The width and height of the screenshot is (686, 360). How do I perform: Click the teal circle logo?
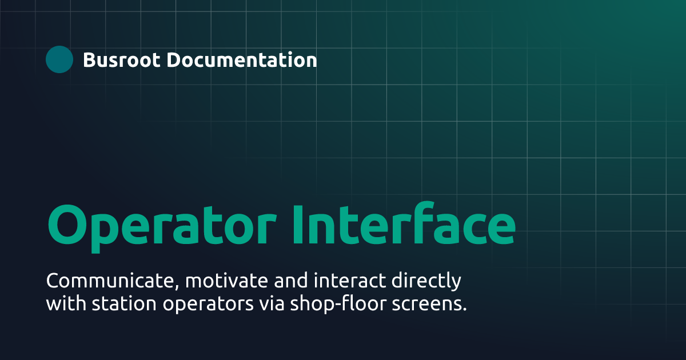tap(59, 59)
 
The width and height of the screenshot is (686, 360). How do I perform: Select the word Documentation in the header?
tap(242, 59)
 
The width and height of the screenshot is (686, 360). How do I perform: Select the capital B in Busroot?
tap(89, 59)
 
